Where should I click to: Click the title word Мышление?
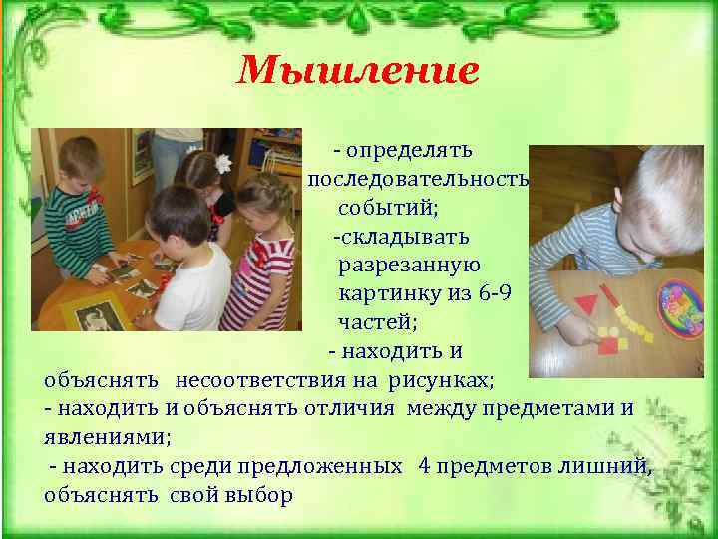point(359,70)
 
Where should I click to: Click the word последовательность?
point(418,179)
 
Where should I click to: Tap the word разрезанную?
point(409,266)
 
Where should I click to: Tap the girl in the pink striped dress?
point(261,269)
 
